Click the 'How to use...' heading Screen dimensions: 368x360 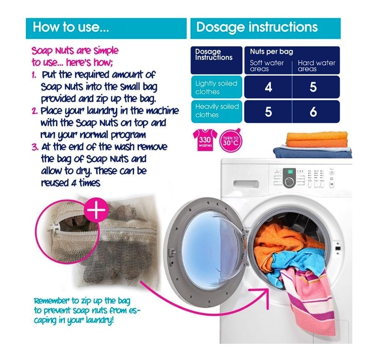point(71,27)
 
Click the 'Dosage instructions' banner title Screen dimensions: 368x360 point(257,27)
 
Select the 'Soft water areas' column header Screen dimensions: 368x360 point(266,66)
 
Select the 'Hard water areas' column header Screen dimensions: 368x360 point(316,66)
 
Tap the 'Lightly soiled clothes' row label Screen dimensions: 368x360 point(216,87)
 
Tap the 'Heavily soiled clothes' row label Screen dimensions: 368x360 point(217,111)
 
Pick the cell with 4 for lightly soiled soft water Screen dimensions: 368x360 point(268,87)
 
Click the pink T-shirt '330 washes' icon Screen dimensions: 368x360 point(205,140)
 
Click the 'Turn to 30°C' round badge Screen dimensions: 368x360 point(230,141)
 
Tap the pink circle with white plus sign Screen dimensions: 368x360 point(96,210)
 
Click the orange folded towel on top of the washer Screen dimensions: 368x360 point(316,140)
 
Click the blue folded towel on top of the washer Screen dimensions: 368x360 point(313,152)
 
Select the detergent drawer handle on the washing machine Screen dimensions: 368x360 point(246,184)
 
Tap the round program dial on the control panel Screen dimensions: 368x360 point(289,182)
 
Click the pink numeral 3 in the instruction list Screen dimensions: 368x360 point(35,147)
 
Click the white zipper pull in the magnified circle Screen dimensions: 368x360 point(54,227)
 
